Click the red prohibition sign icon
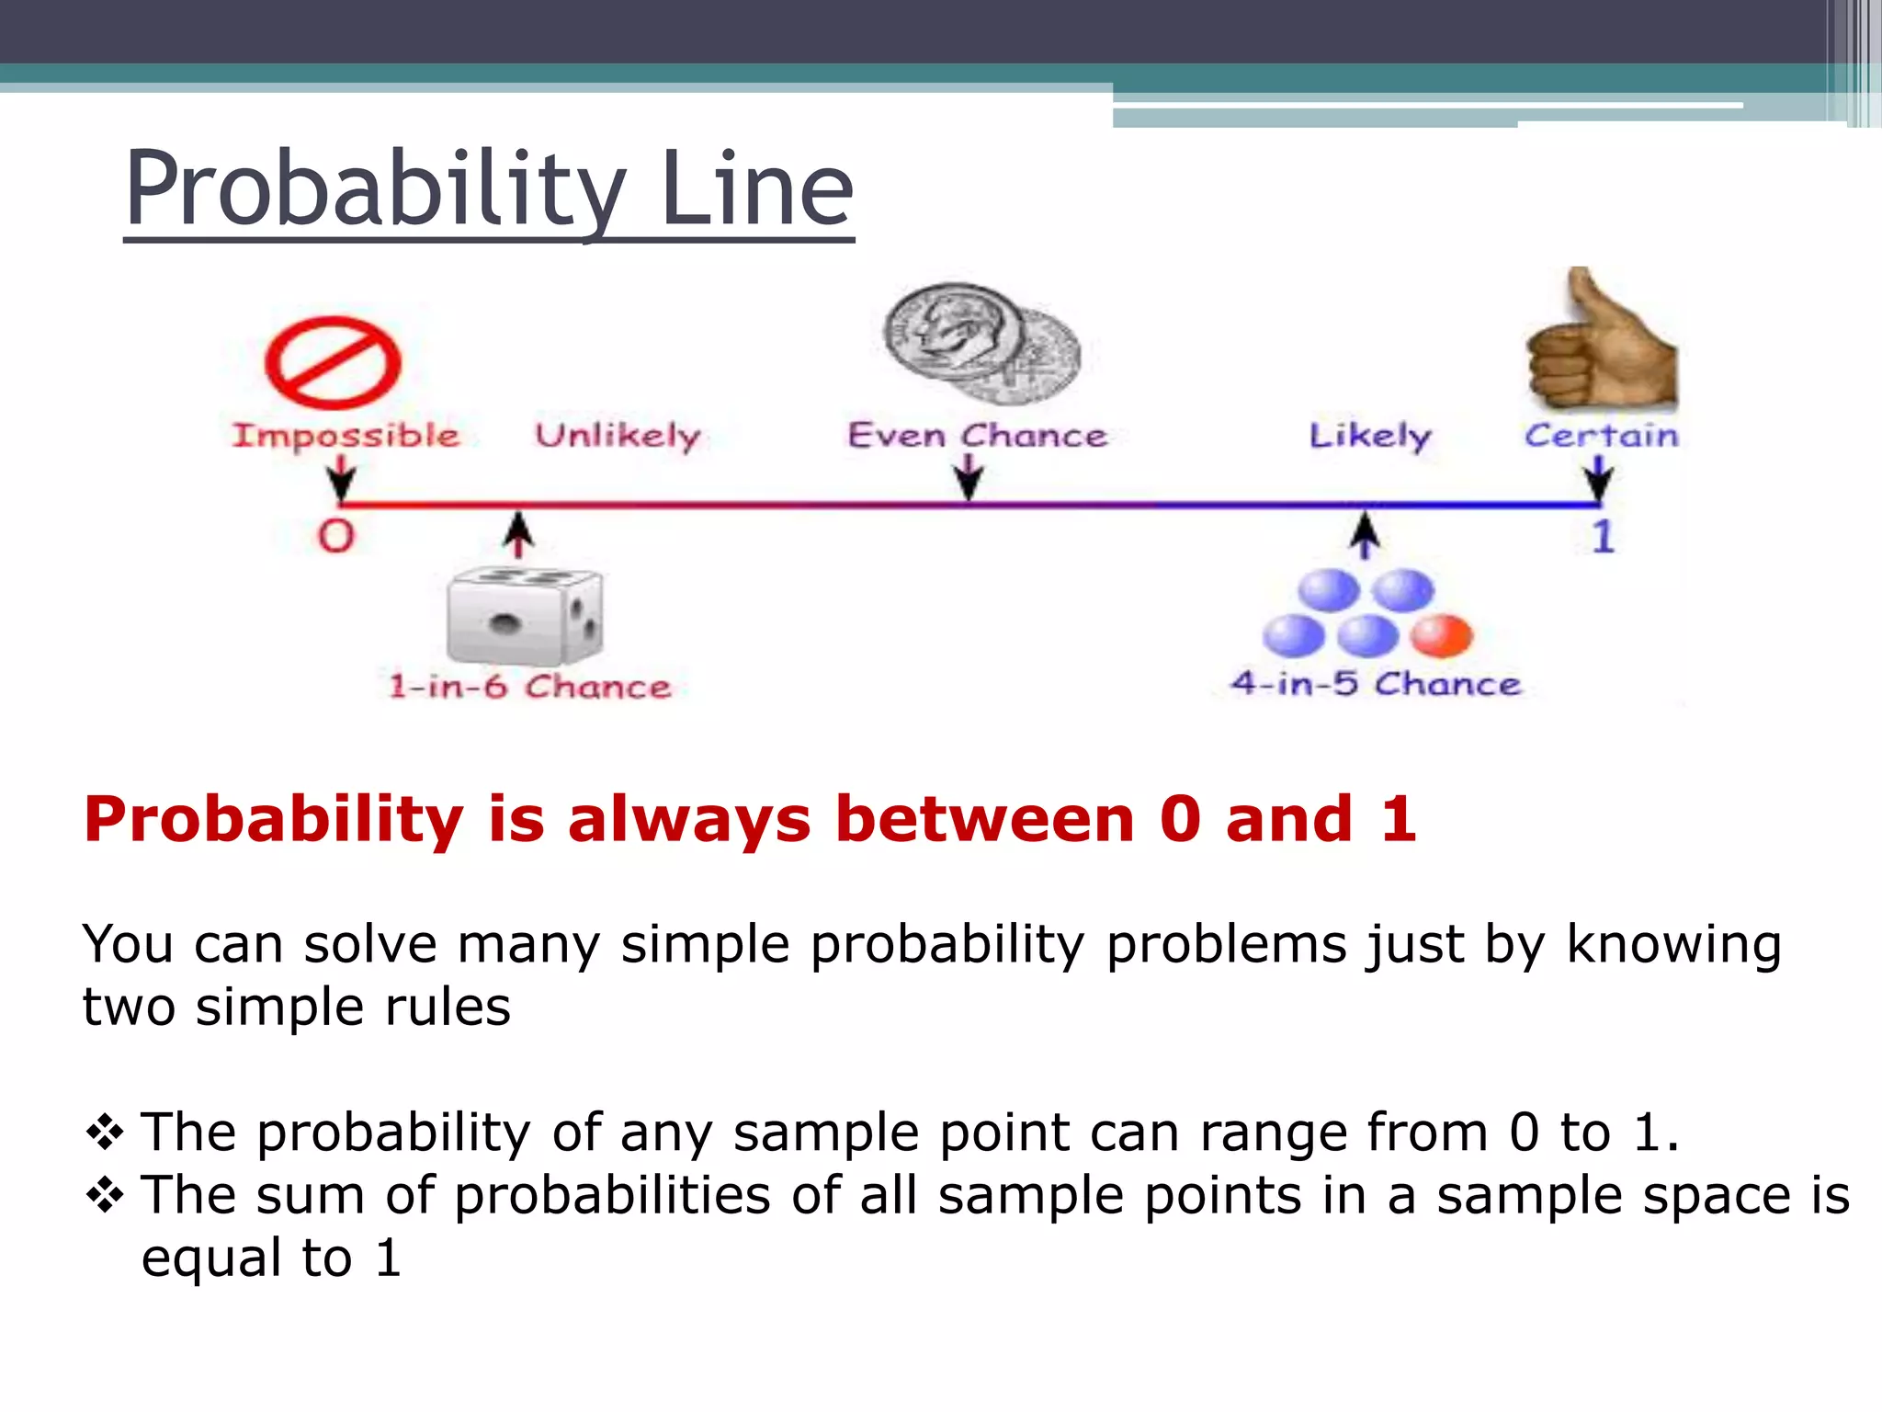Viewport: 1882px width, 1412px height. pyautogui.click(x=333, y=362)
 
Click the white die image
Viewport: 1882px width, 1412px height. pyautogui.click(x=524, y=617)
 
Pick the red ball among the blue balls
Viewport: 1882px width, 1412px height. pyautogui.click(x=1441, y=636)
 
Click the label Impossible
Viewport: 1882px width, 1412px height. pyautogui.click(x=346, y=435)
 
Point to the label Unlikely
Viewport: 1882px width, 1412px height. pyautogui.click(x=618, y=435)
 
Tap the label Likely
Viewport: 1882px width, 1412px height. pyautogui.click(x=1369, y=435)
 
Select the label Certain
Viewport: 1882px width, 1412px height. pyautogui.click(x=1601, y=435)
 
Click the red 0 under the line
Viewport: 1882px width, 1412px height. pyautogui.click(x=336, y=536)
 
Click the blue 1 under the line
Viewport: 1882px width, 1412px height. pyautogui.click(x=1603, y=537)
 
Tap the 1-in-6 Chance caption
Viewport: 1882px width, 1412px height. pyautogui.click(x=529, y=687)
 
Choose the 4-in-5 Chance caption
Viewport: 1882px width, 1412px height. pyautogui.click(x=1376, y=684)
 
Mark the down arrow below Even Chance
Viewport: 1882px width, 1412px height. pyautogui.click(x=969, y=479)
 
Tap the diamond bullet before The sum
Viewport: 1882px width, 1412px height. pyautogui.click(x=105, y=1194)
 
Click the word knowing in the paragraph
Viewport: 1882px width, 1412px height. pyautogui.click(x=1673, y=944)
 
